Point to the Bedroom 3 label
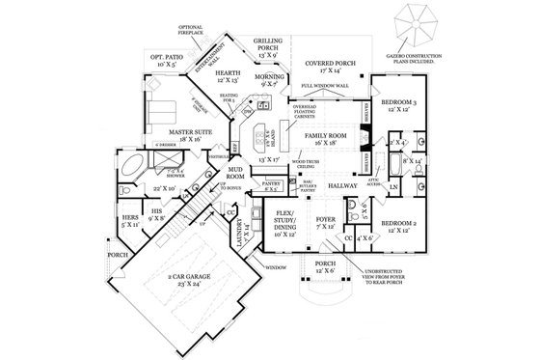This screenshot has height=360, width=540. [x=399, y=101]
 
